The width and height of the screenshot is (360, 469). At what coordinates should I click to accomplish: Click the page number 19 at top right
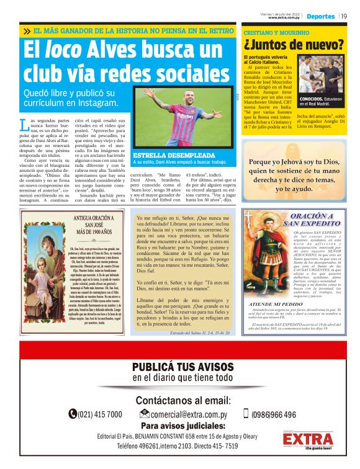(x=344, y=16)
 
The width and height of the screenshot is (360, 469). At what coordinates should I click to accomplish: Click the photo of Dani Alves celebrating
(x=183, y=118)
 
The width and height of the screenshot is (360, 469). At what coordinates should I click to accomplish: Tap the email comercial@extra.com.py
(x=187, y=414)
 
